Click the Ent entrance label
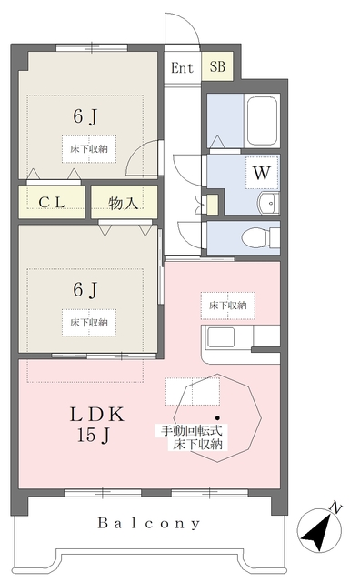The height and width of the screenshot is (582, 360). pos(182,68)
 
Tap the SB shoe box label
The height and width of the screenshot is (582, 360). pos(217,66)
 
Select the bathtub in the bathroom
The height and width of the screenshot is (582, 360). pos(262,121)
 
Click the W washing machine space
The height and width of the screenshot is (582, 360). pos(262,173)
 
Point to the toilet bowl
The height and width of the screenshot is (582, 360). pos(257,237)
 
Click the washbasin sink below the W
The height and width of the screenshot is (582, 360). pos(269,204)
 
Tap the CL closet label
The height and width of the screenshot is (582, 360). pos(52,202)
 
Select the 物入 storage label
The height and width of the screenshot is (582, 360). pos(124,203)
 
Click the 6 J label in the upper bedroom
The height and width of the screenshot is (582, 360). pos(85,117)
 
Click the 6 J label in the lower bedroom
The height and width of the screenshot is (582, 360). pos(85,289)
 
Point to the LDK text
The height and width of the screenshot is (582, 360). pos(97,415)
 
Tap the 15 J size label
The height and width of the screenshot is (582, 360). pos(93,435)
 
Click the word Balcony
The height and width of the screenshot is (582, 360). pos(149,524)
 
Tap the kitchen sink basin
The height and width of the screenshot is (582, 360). pos(221,337)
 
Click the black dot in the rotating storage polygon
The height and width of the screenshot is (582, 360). pos(217,417)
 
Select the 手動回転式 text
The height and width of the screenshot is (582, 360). pos(192,430)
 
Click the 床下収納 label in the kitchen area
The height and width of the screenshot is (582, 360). pos(228,306)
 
